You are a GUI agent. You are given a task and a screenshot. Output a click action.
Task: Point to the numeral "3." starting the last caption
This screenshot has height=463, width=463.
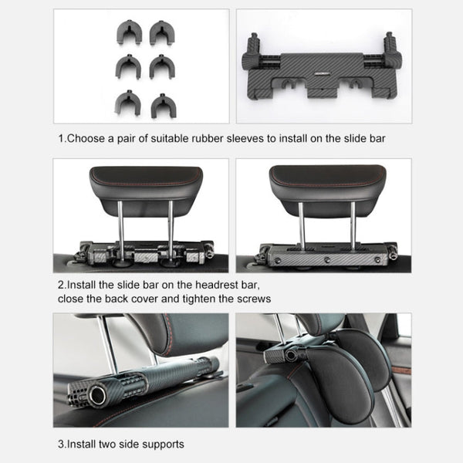click(x=63, y=444)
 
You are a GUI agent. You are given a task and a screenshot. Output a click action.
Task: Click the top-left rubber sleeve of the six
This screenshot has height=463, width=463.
click(x=129, y=32)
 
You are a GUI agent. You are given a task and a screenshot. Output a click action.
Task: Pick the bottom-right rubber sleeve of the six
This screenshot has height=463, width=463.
click(x=163, y=104)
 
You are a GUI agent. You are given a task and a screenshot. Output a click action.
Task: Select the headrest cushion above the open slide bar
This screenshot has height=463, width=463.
click(x=146, y=183)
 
